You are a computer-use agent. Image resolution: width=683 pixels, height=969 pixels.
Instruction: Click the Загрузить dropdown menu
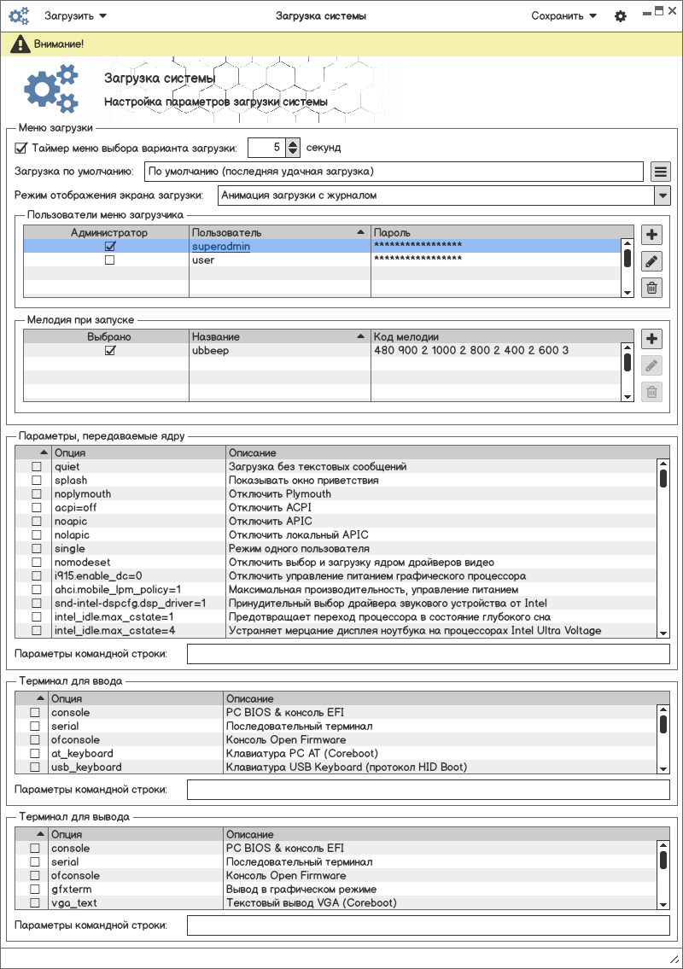click(x=75, y=15)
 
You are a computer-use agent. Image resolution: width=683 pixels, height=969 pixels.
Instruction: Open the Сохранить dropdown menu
click(x=563, y=15)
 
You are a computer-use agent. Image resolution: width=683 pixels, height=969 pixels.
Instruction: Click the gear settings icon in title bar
click(x=621, y=16)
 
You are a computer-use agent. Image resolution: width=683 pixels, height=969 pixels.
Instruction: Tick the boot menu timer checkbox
click(x=21, y=147)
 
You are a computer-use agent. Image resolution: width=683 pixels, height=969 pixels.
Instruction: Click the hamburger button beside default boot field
click(x=660, y=172)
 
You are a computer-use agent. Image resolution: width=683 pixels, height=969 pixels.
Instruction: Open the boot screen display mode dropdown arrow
click(x=662, y=196)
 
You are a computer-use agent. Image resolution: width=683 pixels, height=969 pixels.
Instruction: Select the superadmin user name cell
click(x=221, y=246)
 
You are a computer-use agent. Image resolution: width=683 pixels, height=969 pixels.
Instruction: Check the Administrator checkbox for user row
click(x=109, y=260)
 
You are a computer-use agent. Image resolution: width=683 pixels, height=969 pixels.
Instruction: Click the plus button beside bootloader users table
click(x=651, y=235)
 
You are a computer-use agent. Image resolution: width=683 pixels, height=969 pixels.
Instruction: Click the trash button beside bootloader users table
click(x=651, y=288)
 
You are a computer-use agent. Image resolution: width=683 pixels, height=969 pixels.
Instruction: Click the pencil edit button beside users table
click(x=651, y=261)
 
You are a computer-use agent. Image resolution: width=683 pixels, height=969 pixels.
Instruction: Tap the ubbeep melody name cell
click(x=211, y=350)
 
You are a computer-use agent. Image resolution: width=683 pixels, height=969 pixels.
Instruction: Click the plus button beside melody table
click(x=651, y=339)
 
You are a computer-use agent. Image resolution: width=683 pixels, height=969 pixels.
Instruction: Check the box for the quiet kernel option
click(x=36, y=467)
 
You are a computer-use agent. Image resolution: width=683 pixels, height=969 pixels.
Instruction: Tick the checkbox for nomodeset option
click(x=36, y=563)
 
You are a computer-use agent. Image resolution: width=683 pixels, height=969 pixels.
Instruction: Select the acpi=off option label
click(x=75, y=508)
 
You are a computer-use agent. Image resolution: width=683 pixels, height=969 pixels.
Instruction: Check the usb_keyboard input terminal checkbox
click(x=35, y=767)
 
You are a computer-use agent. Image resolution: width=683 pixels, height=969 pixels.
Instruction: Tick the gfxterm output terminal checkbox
click(x=35, y=889)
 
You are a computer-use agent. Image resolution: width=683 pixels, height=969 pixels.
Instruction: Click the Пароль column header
click(x=495, y=232)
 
